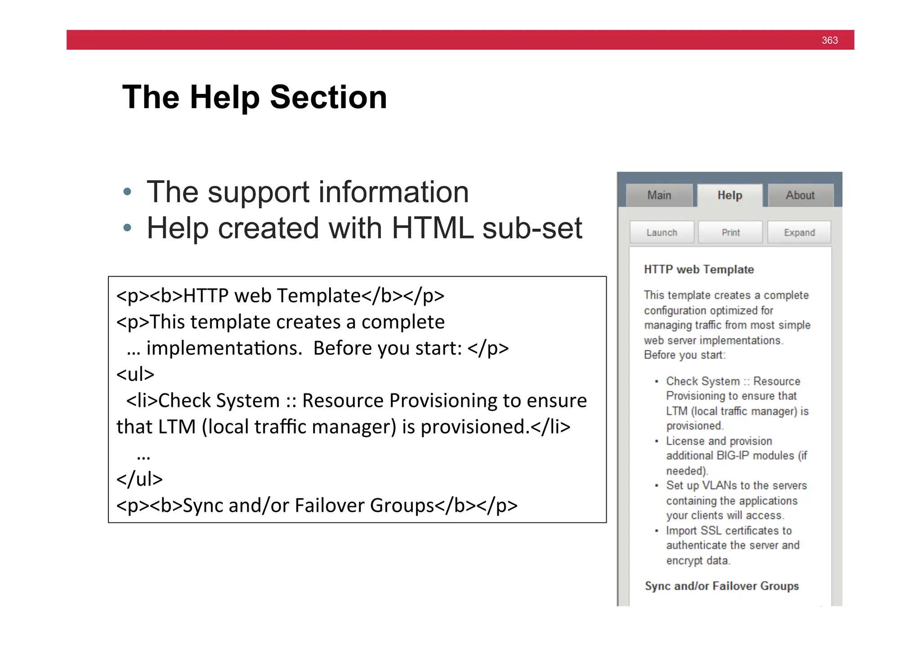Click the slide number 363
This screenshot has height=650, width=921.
click(x=829, y=40)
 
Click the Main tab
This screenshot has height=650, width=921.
click(x=659, y=195)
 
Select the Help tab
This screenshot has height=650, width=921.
click(x=729, y=195)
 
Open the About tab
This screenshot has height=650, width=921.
click(x=800, y=195)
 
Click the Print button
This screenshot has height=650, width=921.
click(x=730, y=232)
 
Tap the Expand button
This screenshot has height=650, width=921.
click(x=799, y=232)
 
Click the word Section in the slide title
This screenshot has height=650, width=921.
click(x=328, y=97)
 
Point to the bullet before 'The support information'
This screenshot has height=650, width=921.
click(x=127, y=192)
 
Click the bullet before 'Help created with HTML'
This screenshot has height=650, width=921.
click(x=127, y=228)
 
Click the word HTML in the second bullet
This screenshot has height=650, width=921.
click(x=432, y=228)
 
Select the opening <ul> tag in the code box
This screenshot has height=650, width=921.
click(x=135, y=374)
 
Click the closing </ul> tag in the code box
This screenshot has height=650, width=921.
click(x=139, y=479)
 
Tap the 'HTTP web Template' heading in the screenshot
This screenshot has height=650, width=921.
click(x=698, y=270)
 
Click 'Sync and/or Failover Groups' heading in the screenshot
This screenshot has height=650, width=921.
click(x=721, y=586)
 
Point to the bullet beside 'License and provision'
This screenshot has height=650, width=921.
click(x=657, y=441)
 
